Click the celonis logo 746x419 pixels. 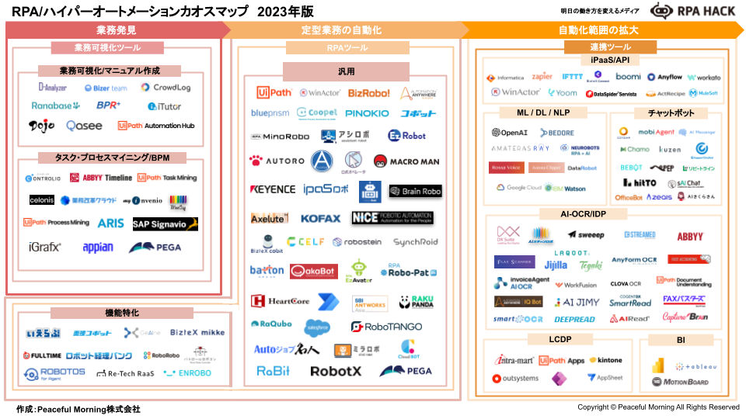point(42,200)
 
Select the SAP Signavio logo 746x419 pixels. point(166,224)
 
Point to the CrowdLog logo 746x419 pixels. point(166,88)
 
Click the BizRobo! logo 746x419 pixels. point(368,93)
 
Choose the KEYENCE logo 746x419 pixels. point(273,189)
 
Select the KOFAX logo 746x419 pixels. point(320,219)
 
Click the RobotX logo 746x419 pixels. point(336,371)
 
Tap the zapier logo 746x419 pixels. point(542,77)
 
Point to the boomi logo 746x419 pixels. point(628,77)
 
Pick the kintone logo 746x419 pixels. point(605,361)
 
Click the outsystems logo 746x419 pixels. point(515,379)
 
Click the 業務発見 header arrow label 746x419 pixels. point(116,30)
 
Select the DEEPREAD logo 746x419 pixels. point(574,319)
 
